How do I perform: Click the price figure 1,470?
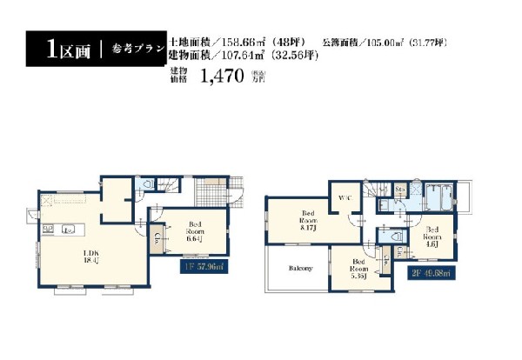click(x=220, y=77)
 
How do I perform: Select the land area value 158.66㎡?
click(x=246, y=42)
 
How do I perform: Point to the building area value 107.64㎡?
click(x=246, y=55)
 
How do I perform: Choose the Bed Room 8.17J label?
click(x=309, y=217)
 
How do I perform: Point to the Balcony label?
click(x=301, y=268)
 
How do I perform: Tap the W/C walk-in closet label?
click(x=344, y=198)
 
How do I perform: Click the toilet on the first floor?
click(x=148, y=184)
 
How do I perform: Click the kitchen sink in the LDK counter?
click(x=69, y=230)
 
